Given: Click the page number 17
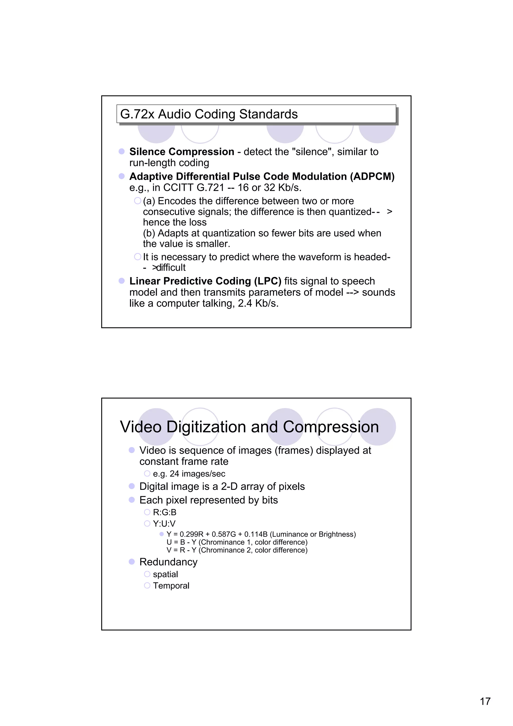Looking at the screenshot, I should coord(485,701).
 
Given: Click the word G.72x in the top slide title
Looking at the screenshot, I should coord(137,114).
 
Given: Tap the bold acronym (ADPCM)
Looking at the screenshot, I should coord(372,176).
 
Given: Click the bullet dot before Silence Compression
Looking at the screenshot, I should coord(122,151).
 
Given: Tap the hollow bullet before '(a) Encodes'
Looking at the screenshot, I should coord(138,201).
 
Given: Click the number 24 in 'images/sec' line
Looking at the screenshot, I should coord(174,474).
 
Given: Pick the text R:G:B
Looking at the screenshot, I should coord(164,512).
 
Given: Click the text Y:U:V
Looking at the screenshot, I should coord(164,524).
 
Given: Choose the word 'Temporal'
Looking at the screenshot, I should coord(171,586).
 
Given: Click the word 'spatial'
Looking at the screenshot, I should coord(165,574).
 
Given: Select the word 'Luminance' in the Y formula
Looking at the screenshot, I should coord(290,534).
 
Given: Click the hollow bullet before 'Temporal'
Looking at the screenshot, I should coord(147,586).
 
